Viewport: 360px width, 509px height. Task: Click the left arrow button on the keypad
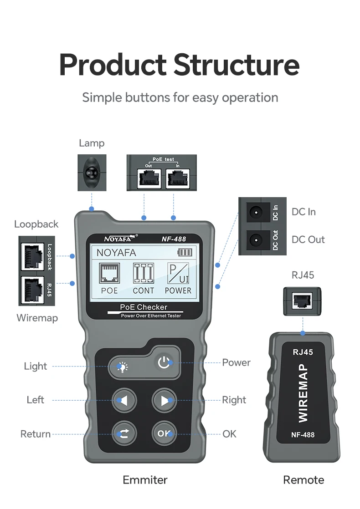124,400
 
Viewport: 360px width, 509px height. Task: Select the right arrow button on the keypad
164,400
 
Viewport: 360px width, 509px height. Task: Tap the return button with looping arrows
124,433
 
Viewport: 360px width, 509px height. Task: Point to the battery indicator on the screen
185,253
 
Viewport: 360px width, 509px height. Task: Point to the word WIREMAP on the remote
303,392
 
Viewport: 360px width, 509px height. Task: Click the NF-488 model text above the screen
174,239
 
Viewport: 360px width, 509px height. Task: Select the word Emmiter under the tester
145,480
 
